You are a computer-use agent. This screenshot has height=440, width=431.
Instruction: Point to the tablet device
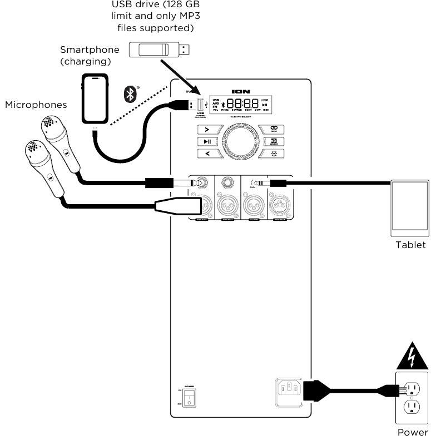click(410, 205)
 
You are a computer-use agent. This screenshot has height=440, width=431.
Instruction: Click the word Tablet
click(410, 245)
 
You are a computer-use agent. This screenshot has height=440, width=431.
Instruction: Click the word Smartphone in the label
click(90, 50)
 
